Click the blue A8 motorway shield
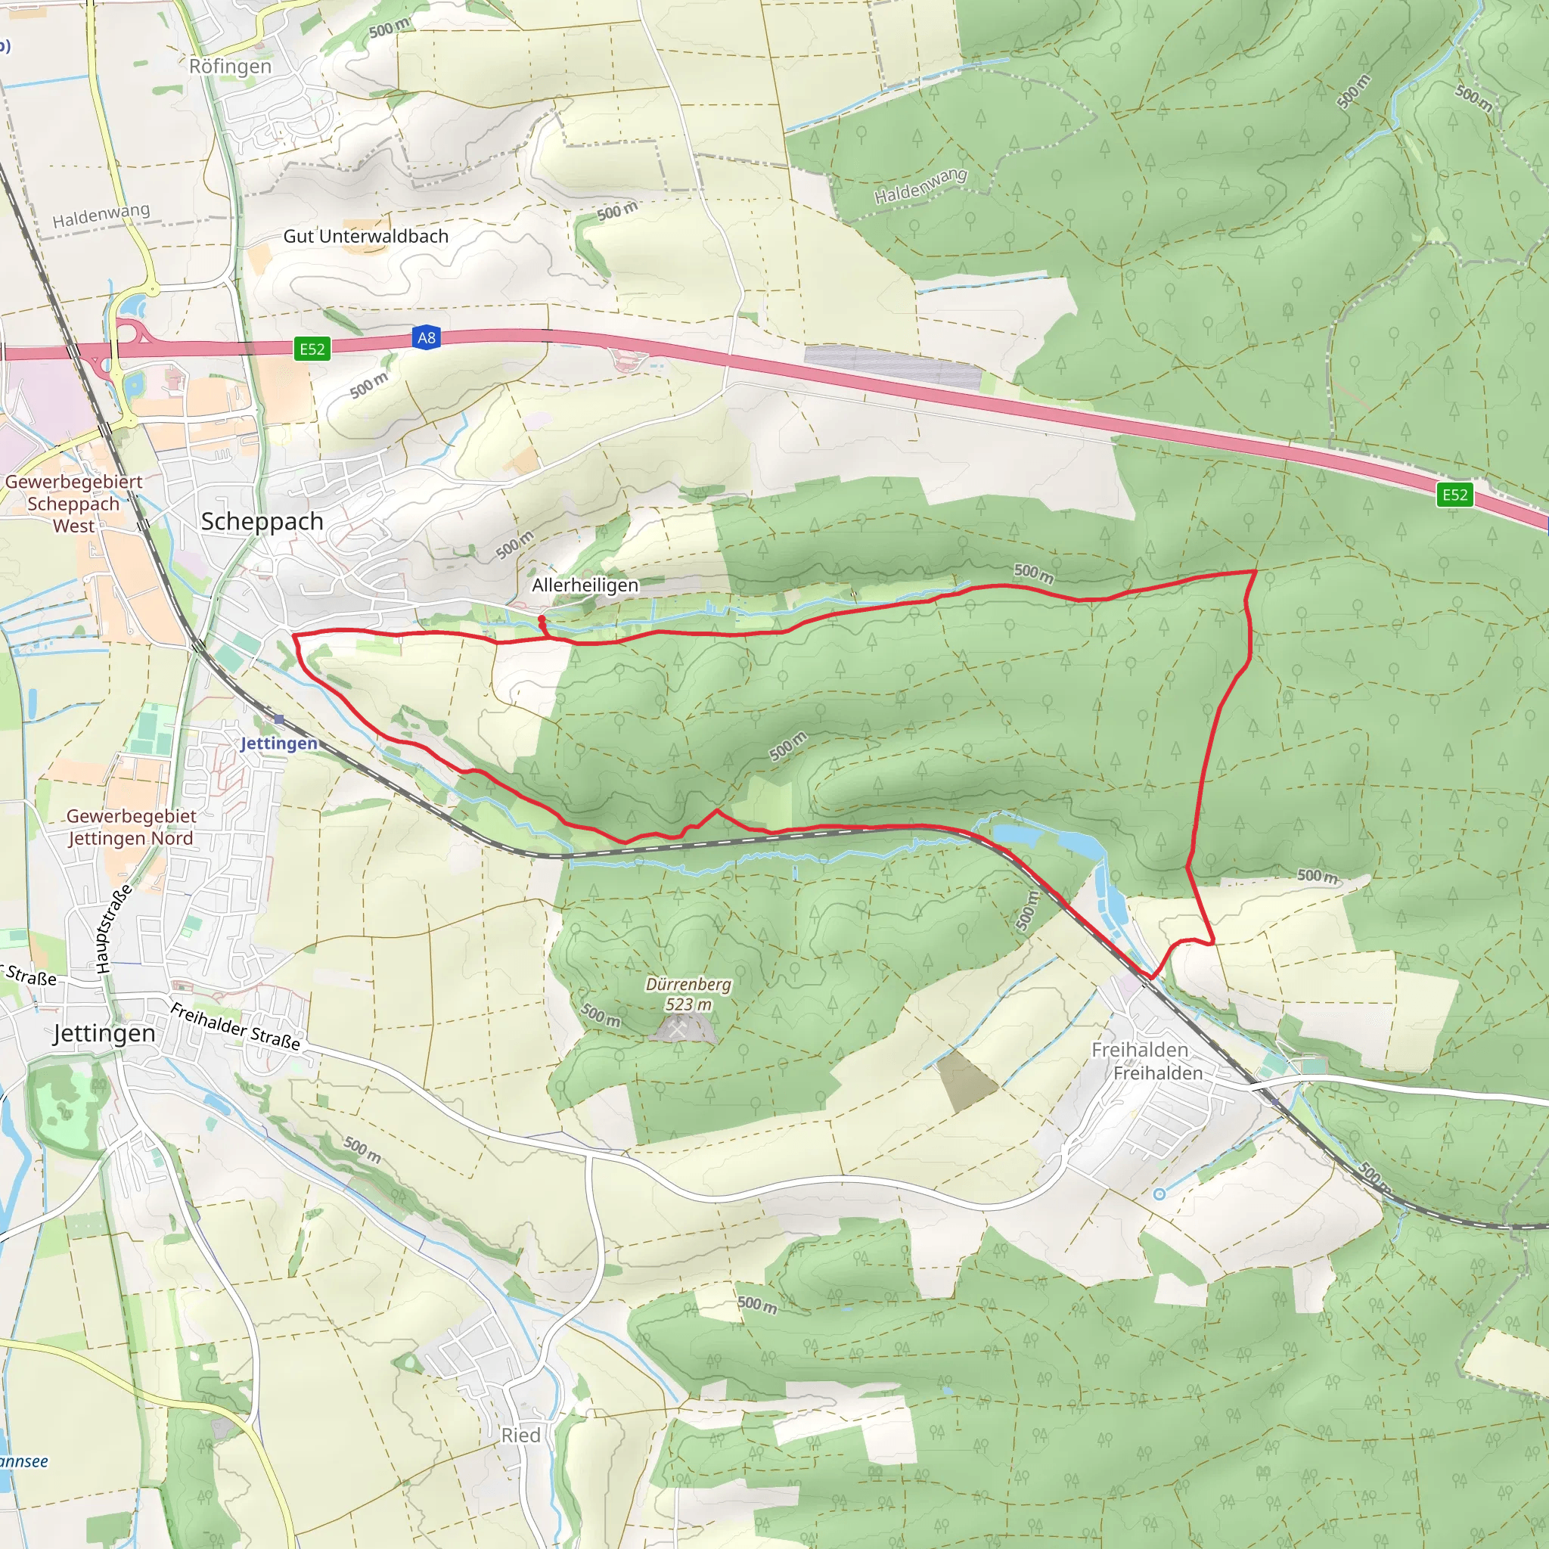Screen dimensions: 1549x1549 tap(427, 337)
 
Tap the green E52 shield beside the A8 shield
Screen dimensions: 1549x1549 tap(312, 349)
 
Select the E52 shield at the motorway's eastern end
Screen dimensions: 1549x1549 tap(1454, 495)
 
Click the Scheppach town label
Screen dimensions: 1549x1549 tap(262, 521)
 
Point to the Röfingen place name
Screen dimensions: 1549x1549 tap(230, 67)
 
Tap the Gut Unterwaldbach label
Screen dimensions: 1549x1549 tap(365, 237)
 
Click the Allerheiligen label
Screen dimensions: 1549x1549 tap(585, 585)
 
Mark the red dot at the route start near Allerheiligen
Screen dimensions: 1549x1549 tap(542, 619)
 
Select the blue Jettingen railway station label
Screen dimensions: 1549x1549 tap(279, 743)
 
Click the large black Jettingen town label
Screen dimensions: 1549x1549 tap(104, 1033)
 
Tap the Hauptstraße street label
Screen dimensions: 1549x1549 tap(114, 930)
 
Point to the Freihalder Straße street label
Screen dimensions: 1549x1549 tap(236, 1026)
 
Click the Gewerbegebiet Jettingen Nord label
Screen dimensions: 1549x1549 tap(131, 827)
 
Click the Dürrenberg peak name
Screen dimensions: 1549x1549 tap(689, 985)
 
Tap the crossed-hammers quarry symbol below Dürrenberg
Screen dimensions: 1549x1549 tap(679, 1029)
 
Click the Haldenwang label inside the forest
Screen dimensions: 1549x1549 tap(920, 186)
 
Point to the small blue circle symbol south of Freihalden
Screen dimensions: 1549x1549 tap(1159, 1194)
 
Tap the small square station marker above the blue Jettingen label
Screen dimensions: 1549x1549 tap(278, 719)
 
